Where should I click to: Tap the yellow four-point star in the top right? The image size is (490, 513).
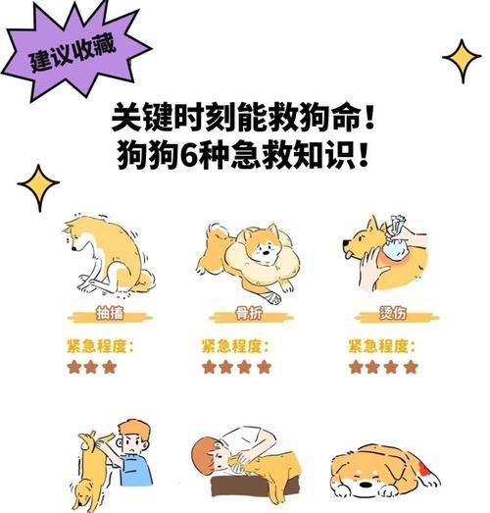click(463, 61)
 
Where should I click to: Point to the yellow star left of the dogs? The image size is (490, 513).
click(38, 187)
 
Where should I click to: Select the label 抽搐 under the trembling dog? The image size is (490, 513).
click(110, 314)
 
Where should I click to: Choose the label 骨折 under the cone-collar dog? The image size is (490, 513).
click(250, 314)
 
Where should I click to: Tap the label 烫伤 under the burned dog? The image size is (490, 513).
click(393, 314)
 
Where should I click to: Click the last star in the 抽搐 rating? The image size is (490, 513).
click(110, 367)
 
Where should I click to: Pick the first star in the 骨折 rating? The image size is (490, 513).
click(209, 367)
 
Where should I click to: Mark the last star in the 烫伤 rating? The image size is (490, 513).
click(411, 367)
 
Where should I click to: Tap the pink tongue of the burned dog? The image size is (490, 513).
click(349, 254)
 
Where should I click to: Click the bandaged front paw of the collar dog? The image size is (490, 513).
click(272, 297)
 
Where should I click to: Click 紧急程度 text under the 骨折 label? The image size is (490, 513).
click(232, 346)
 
